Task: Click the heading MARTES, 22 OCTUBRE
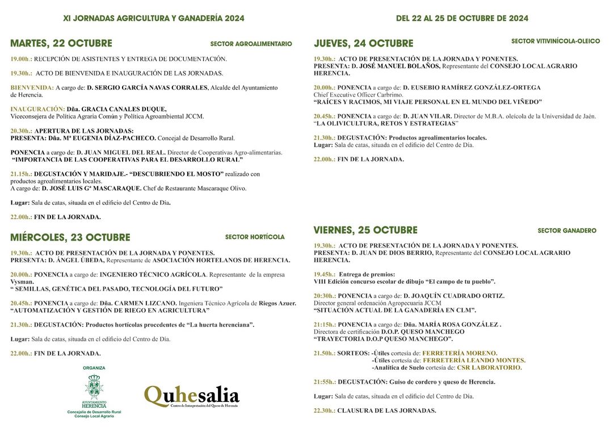[x=61, y=44]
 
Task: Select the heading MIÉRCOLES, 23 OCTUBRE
[x=70, y=237]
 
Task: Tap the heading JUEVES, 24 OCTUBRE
[x=364, y=44]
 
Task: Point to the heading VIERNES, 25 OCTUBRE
[x=365, y=230]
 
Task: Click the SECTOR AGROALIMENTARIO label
[x=251, y=44]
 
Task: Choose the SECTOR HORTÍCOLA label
[x=255, y=237]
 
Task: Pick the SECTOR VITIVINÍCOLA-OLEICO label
[x=556, y=41]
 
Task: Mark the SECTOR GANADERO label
[x=567, y=230]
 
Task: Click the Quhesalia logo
[x=191, y=396]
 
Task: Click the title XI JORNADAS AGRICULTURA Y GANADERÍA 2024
[x=154, y=18]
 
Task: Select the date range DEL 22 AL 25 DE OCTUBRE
[x=462, y=18]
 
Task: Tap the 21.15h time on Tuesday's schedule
[x=21, y=174]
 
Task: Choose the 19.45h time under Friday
[x=325, y=274]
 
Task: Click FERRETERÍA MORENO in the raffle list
[x=460, y=353]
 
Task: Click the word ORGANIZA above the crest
[x=94, y=368]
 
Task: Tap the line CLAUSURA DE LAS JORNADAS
[x=386, y=410]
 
